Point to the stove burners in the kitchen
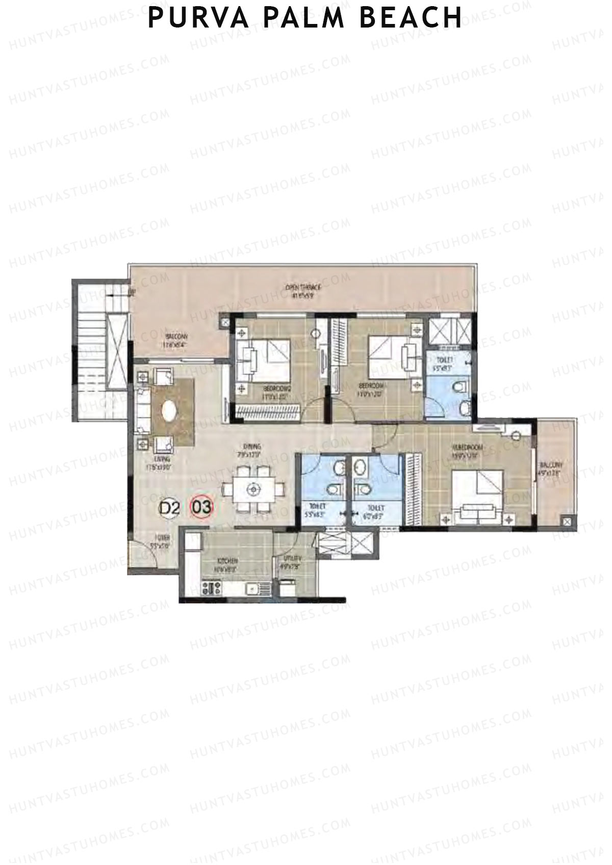pos(210,588)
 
